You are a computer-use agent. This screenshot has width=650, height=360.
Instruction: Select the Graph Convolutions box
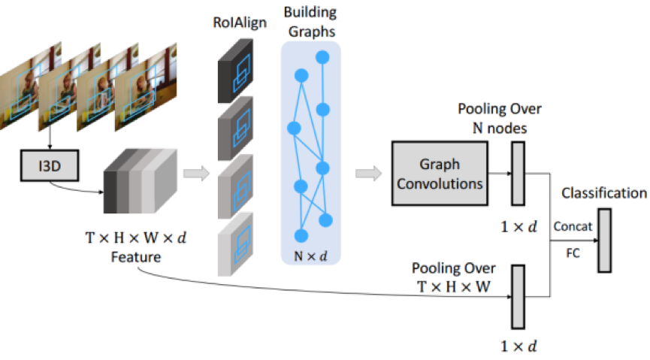(439, 174)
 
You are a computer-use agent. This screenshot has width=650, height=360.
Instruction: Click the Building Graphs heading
(311, 23)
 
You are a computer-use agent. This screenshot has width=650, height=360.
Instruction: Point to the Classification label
(604, 193)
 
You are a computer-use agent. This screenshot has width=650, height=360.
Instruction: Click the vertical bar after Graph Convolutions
(518, 174)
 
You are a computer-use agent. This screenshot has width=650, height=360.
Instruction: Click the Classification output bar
(605, 240)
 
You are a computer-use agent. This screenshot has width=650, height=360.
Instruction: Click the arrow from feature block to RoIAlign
(195, 174)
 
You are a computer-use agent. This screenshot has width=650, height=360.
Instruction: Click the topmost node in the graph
(323, 56)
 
